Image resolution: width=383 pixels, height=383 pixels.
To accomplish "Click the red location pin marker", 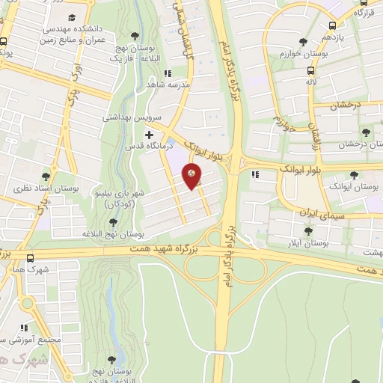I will point(192,177).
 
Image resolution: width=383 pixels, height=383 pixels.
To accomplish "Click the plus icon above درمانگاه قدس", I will point(150,134).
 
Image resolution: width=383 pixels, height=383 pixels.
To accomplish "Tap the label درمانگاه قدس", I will point(147,146).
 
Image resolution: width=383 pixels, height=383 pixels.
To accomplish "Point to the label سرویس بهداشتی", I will point(126,117).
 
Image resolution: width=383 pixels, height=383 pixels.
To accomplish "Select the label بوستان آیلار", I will point(309,244).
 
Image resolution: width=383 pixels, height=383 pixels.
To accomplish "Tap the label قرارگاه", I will point(364,13).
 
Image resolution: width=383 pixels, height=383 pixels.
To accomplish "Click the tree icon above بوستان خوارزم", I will point(303,42).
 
